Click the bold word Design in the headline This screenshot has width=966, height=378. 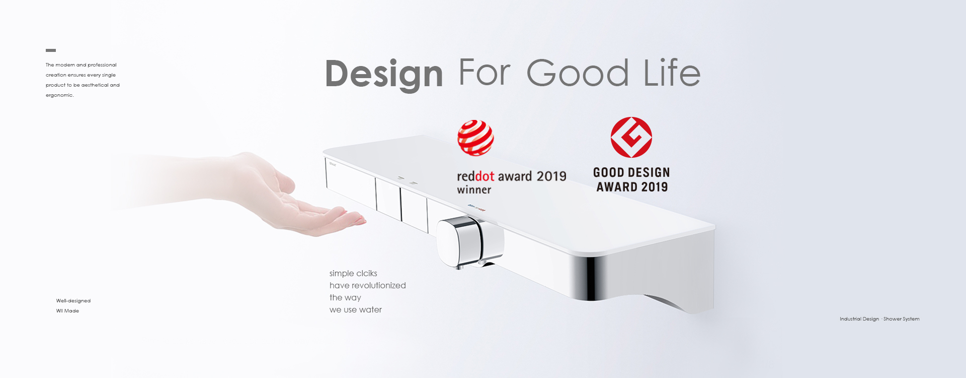point(384,74)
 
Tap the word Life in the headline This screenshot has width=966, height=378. point(672,73)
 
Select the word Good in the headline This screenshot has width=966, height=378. point(578,73)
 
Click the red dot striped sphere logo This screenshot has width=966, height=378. point(475,138)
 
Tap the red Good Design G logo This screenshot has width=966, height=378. point(631,137)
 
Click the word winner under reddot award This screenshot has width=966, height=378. point(474,190)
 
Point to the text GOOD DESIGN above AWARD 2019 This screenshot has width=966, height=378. point(631,172)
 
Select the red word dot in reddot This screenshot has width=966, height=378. point(485,176)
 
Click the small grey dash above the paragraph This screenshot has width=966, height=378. point(51,50)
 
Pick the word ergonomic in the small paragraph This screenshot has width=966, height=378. point(59,95)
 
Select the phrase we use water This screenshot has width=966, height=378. point(356,309)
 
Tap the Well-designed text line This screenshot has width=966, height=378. point(73,301)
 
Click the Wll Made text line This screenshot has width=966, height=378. point(67,311)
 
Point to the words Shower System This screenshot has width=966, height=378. point(902,319)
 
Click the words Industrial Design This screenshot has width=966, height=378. point(859,319)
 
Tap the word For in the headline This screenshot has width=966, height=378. point(485,73)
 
